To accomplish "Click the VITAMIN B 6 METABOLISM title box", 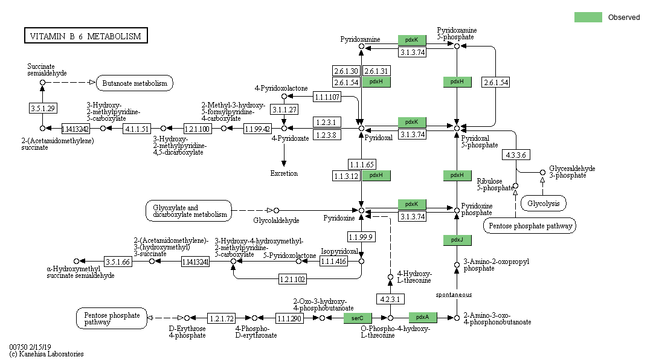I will (85, 36).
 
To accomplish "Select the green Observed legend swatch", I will (588, 17).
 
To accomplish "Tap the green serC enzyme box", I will (358, 317).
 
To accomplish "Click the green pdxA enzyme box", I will (423, 317).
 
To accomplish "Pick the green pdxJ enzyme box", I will (457, 240).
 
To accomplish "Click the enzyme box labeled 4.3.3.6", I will (515, 155).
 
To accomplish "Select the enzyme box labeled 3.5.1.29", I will (42, 108).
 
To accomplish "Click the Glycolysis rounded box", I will (544, 204).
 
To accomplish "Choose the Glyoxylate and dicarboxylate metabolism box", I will (188, 211).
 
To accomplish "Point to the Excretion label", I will (284, 173).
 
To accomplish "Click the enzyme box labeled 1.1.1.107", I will (327, 97).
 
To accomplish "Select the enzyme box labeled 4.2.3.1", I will (390, 299).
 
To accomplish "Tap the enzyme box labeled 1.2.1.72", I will (221, 318).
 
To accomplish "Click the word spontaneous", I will (454, 294).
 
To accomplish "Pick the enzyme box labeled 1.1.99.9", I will (361, 236).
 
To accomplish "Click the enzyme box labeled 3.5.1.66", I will (118, 262).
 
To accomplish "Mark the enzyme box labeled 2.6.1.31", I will (376, 71).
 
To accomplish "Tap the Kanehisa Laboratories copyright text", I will (47, 354).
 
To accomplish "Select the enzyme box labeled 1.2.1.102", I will (293, 279).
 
